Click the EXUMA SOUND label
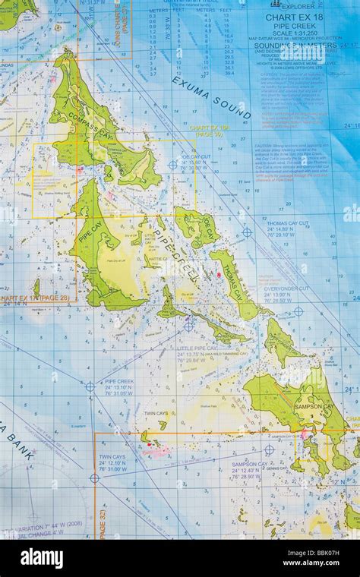click(211, 98)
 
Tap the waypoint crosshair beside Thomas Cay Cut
click(247, 232)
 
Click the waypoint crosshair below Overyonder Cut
click(298, 311)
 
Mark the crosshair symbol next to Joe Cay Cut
click(172, 164)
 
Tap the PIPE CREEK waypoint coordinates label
click(120, 387)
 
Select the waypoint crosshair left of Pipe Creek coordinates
click(90, 386)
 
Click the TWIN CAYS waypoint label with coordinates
click(112, 463)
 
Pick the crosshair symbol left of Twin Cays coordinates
click(94, 478)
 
